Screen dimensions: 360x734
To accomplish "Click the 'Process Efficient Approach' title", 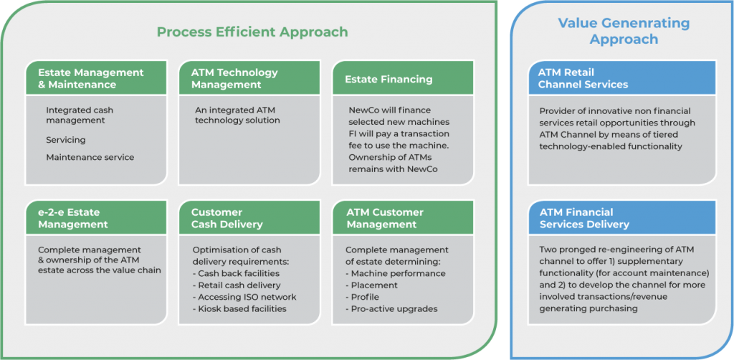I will (252, 32).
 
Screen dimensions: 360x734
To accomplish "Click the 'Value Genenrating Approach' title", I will (623, 31).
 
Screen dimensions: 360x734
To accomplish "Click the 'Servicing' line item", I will (66, 140).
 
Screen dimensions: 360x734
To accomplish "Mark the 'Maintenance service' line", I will (90, 157).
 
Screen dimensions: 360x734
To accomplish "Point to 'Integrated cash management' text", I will (80, 115).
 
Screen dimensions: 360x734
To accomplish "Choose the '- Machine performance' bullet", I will (396, 273).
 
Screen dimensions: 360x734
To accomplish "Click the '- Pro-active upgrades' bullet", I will (394, 308).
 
